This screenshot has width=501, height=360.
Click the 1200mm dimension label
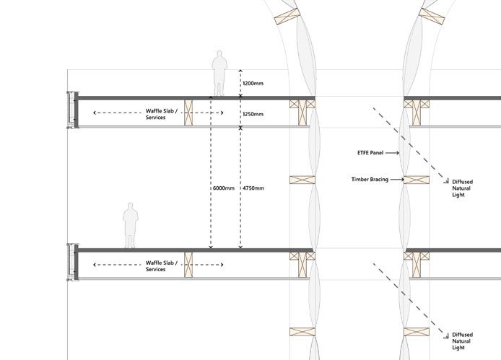tap(253, 84)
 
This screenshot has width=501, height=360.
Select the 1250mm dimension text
tap(253, 114)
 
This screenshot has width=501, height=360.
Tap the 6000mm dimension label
tap(223, 188)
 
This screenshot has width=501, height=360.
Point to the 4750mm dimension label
tap(253, 188)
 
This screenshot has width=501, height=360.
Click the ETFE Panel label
tap(369, 153)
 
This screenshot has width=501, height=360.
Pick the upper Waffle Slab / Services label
tap(156, 114)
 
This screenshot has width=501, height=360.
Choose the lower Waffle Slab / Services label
tap(156, 266)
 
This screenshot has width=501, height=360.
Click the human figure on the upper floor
tap(218, 74)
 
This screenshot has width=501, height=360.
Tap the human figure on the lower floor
tap(130, 226)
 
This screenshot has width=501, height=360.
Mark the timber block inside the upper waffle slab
tap(190, 113)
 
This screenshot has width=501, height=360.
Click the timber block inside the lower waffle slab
tap(190, 265)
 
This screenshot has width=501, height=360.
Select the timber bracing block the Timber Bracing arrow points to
tap(417, 180)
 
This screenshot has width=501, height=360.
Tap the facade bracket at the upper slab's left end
tap(71, 110)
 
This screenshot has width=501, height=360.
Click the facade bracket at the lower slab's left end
tap(71, 262)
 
